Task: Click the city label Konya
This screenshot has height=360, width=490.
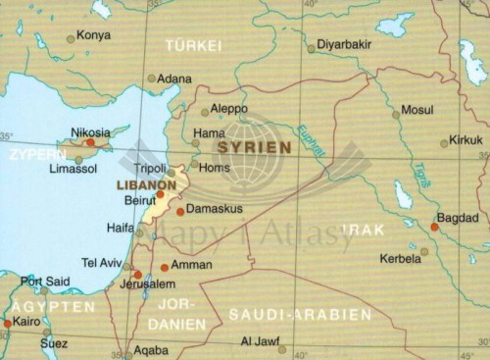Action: click(94, 36)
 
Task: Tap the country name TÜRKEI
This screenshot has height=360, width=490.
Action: click(194, 46)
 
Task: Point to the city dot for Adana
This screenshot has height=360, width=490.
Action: click(151, 78)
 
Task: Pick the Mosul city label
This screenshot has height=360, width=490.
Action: click(417, 110)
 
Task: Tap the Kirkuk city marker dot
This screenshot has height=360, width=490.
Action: click(444, 143)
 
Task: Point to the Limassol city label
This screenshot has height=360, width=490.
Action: click(73, 170)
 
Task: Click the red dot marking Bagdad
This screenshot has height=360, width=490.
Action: click(434, 227)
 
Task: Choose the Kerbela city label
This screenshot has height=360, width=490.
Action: click(399, 259)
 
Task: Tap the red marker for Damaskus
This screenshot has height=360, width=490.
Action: click(180, 211)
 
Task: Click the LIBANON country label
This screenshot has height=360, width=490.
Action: click(146, 183)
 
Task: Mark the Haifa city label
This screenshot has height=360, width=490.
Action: click(120, 228)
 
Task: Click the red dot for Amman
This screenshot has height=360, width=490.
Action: click(164, 267)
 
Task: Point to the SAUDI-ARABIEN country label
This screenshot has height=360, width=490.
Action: click(300, 315)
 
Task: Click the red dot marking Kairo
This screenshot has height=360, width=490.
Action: click(7, 323)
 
